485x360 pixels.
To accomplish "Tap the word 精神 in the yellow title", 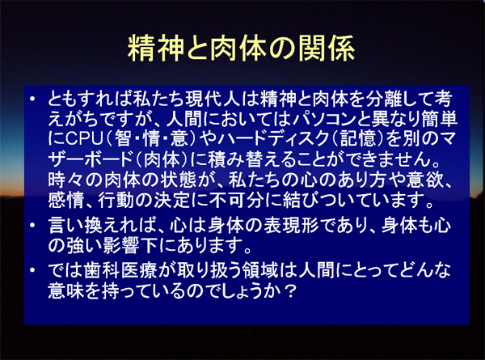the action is [x=156, y=48].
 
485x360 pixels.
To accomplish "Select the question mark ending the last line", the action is [x=290, y=290].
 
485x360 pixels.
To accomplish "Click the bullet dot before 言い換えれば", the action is [x=32, y=225].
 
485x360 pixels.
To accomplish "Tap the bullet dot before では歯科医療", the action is [x=32, y=270].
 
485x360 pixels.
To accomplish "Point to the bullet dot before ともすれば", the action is [x=32, y=99].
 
